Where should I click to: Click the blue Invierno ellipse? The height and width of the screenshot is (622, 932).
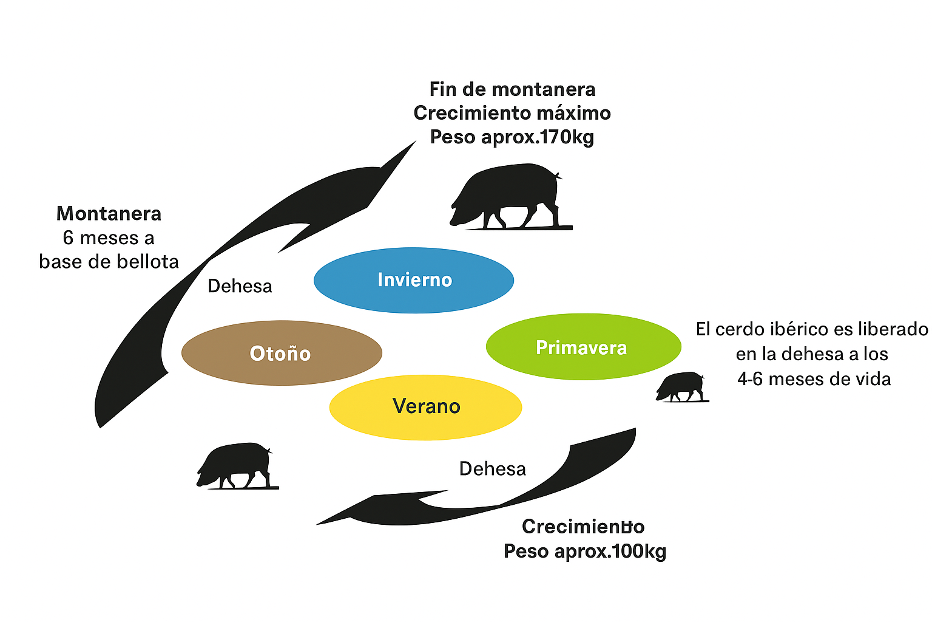coord(414,280)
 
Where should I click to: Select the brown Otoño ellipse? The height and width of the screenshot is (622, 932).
coord(282,353)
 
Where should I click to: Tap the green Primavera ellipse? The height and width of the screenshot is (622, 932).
coord(583,347)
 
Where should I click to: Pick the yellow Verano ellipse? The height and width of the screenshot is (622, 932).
coord(425,406)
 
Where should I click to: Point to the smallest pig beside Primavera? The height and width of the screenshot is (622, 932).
coord(681,386)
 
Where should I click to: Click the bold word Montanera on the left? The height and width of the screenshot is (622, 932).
coord(109,214)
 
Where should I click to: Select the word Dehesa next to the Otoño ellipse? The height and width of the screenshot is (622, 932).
coord(240,286)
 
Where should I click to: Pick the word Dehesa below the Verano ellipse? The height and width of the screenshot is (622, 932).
coord(492,469)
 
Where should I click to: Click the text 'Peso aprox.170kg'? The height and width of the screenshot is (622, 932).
coord(512,137)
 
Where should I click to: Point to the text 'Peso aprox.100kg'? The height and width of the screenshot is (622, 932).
coord(585,552)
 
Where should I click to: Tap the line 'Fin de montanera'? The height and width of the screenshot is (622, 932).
coord(512,89)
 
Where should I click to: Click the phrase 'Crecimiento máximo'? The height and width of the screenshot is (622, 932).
coord(512,113)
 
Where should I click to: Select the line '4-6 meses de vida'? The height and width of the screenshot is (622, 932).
coord(814,380)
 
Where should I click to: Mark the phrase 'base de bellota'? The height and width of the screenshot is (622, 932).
coord(109,262)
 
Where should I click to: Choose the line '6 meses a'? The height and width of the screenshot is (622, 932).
coord(109,238)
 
